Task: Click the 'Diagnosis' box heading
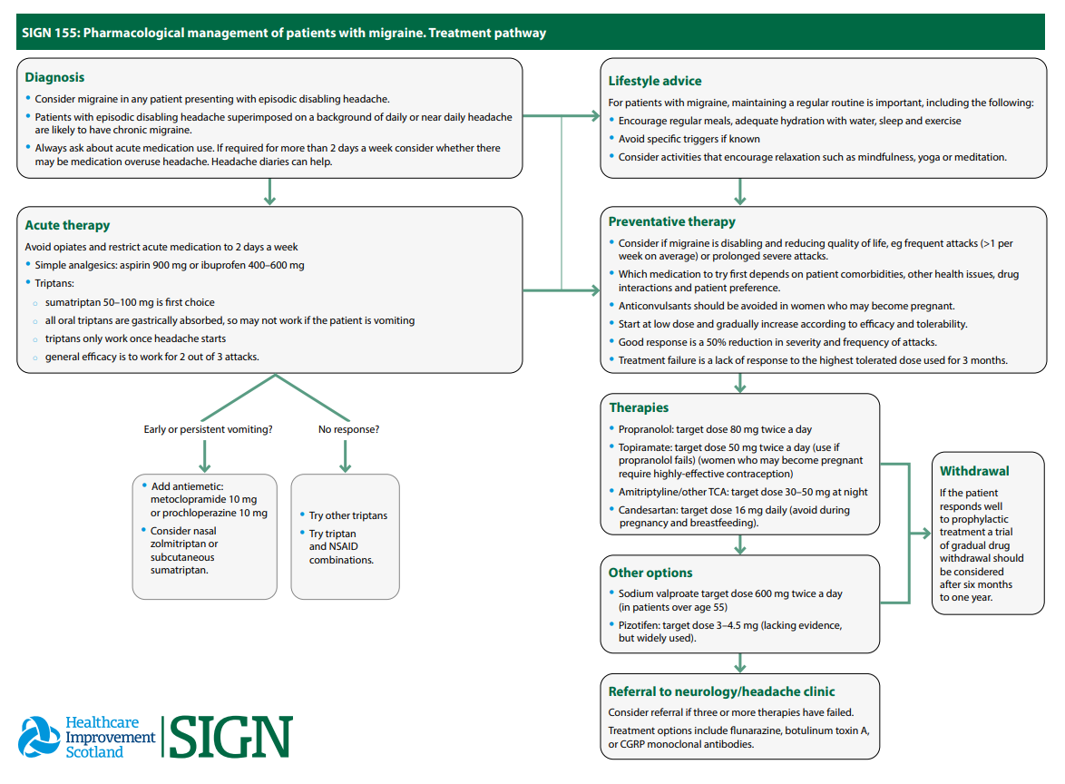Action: tap(54, 77)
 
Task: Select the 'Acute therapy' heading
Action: tap(67, 225)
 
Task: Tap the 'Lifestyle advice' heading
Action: tap(654, 81)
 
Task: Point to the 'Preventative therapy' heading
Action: tap(671, 221)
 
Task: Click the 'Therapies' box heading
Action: tap(639, 407)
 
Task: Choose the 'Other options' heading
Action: tap(650, 573)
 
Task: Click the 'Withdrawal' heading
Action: tap(974, 471)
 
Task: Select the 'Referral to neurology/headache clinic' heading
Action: tap(721, 691)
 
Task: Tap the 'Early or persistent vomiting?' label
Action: tap(208, 429)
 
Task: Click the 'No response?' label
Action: tap(348, 429)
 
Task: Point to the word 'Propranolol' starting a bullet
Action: tap(645, 429)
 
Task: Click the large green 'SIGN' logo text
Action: tap(231, 737)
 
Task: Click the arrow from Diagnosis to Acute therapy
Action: tap(269, 191)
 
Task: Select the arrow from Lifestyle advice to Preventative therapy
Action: tap(740, 191)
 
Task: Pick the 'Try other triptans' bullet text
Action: tap(348, 515)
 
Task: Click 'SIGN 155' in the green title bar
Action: tap(49, 34)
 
